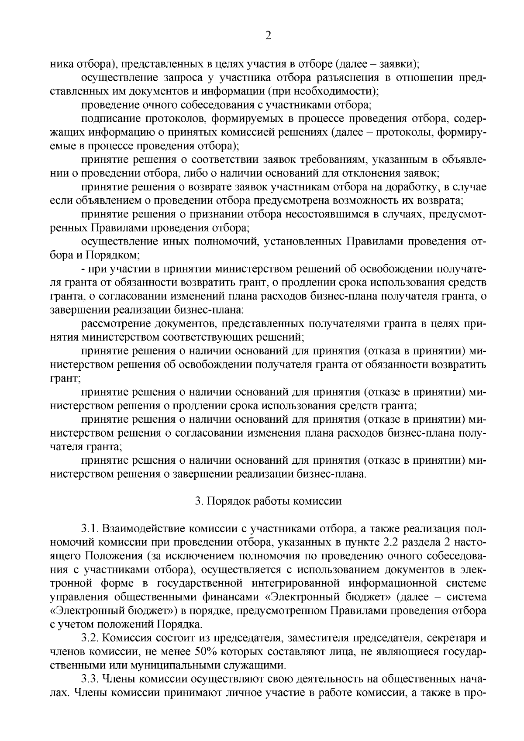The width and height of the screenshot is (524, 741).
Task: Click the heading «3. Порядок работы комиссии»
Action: (x=268, y=501)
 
